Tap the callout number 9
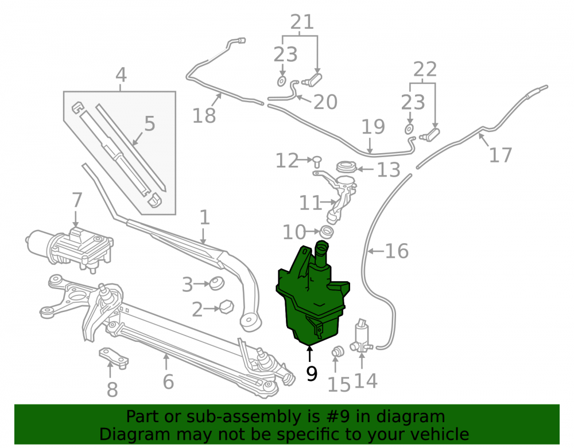tap(312, 373)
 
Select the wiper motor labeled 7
tap(69, 249)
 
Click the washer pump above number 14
tap(362, 336)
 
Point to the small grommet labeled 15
tap(338, 352)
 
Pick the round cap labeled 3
tap(217, 283)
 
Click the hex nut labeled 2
tap(227, 306)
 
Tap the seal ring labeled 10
tap(327, 232)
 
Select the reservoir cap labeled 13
tap(346, 167)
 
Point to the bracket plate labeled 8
tap(114, 356)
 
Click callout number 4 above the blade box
tap(121, 75)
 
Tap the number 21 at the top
tap(302, 22)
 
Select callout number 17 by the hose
tap(501, 155)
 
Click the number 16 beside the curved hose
tap(397, 251)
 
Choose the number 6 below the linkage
tap(168, 381)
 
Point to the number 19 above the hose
tap(373, 127)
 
